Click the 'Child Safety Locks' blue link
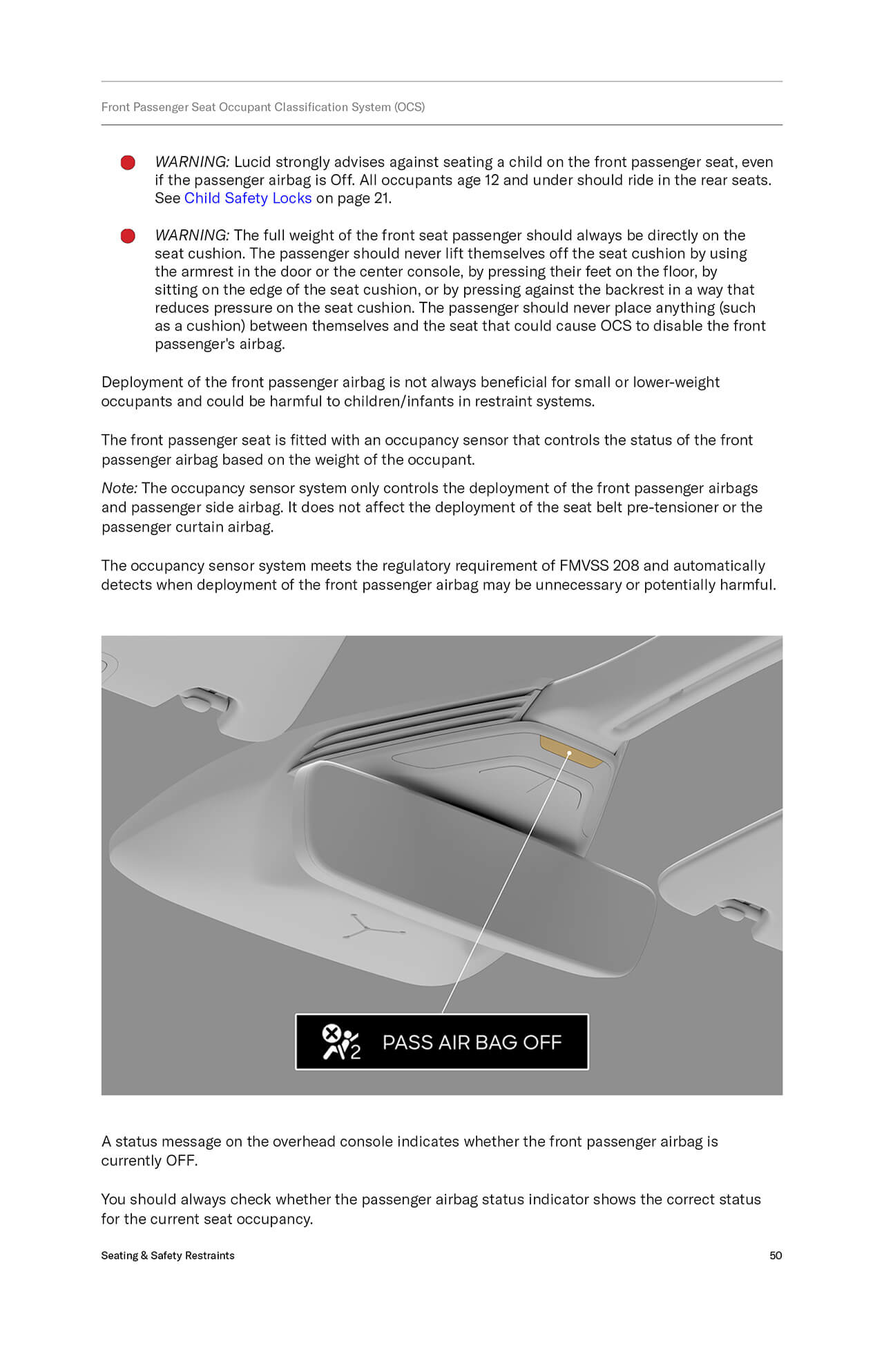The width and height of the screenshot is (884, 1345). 247,198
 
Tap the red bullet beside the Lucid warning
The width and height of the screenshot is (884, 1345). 128,162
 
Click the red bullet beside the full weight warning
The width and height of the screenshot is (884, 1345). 128,236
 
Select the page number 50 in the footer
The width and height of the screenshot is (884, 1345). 776,1255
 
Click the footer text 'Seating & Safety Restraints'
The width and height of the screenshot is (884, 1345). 168,1255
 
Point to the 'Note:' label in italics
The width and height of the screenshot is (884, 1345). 119,488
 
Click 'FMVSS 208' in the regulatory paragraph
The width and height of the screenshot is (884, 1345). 599,565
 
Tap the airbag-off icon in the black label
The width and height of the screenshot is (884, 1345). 340,1042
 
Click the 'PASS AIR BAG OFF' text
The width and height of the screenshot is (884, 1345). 472,1042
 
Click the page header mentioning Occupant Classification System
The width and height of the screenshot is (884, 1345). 263,107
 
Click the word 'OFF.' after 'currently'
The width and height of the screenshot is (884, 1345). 182,1161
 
